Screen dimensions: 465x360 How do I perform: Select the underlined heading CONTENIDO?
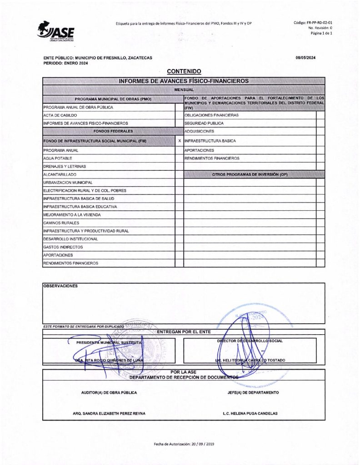tap(184, 71)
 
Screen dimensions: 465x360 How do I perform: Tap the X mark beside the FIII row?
tap(180, 141)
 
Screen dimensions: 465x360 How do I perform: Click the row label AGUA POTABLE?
tap(55, 158)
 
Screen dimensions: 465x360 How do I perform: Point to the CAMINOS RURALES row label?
tap(61, 223)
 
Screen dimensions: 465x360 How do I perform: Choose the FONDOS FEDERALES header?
tap(109, 131)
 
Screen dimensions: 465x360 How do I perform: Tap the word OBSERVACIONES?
tap(60, 286)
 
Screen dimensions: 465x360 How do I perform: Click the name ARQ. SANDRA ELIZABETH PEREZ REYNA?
tap(109, 414)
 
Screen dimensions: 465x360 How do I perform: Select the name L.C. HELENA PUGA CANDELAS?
tap(250, 414)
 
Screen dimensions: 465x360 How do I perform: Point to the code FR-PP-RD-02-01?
tap(315, 22)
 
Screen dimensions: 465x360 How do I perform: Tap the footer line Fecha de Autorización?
tap(184, 444)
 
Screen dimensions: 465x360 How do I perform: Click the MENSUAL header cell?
tap(184, 90)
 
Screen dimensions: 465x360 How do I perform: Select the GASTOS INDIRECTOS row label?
tap(63, 247)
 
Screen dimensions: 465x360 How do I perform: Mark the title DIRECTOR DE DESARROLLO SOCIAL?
tap(250, 341)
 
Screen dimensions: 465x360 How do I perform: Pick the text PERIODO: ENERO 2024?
tap(65, 63)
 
